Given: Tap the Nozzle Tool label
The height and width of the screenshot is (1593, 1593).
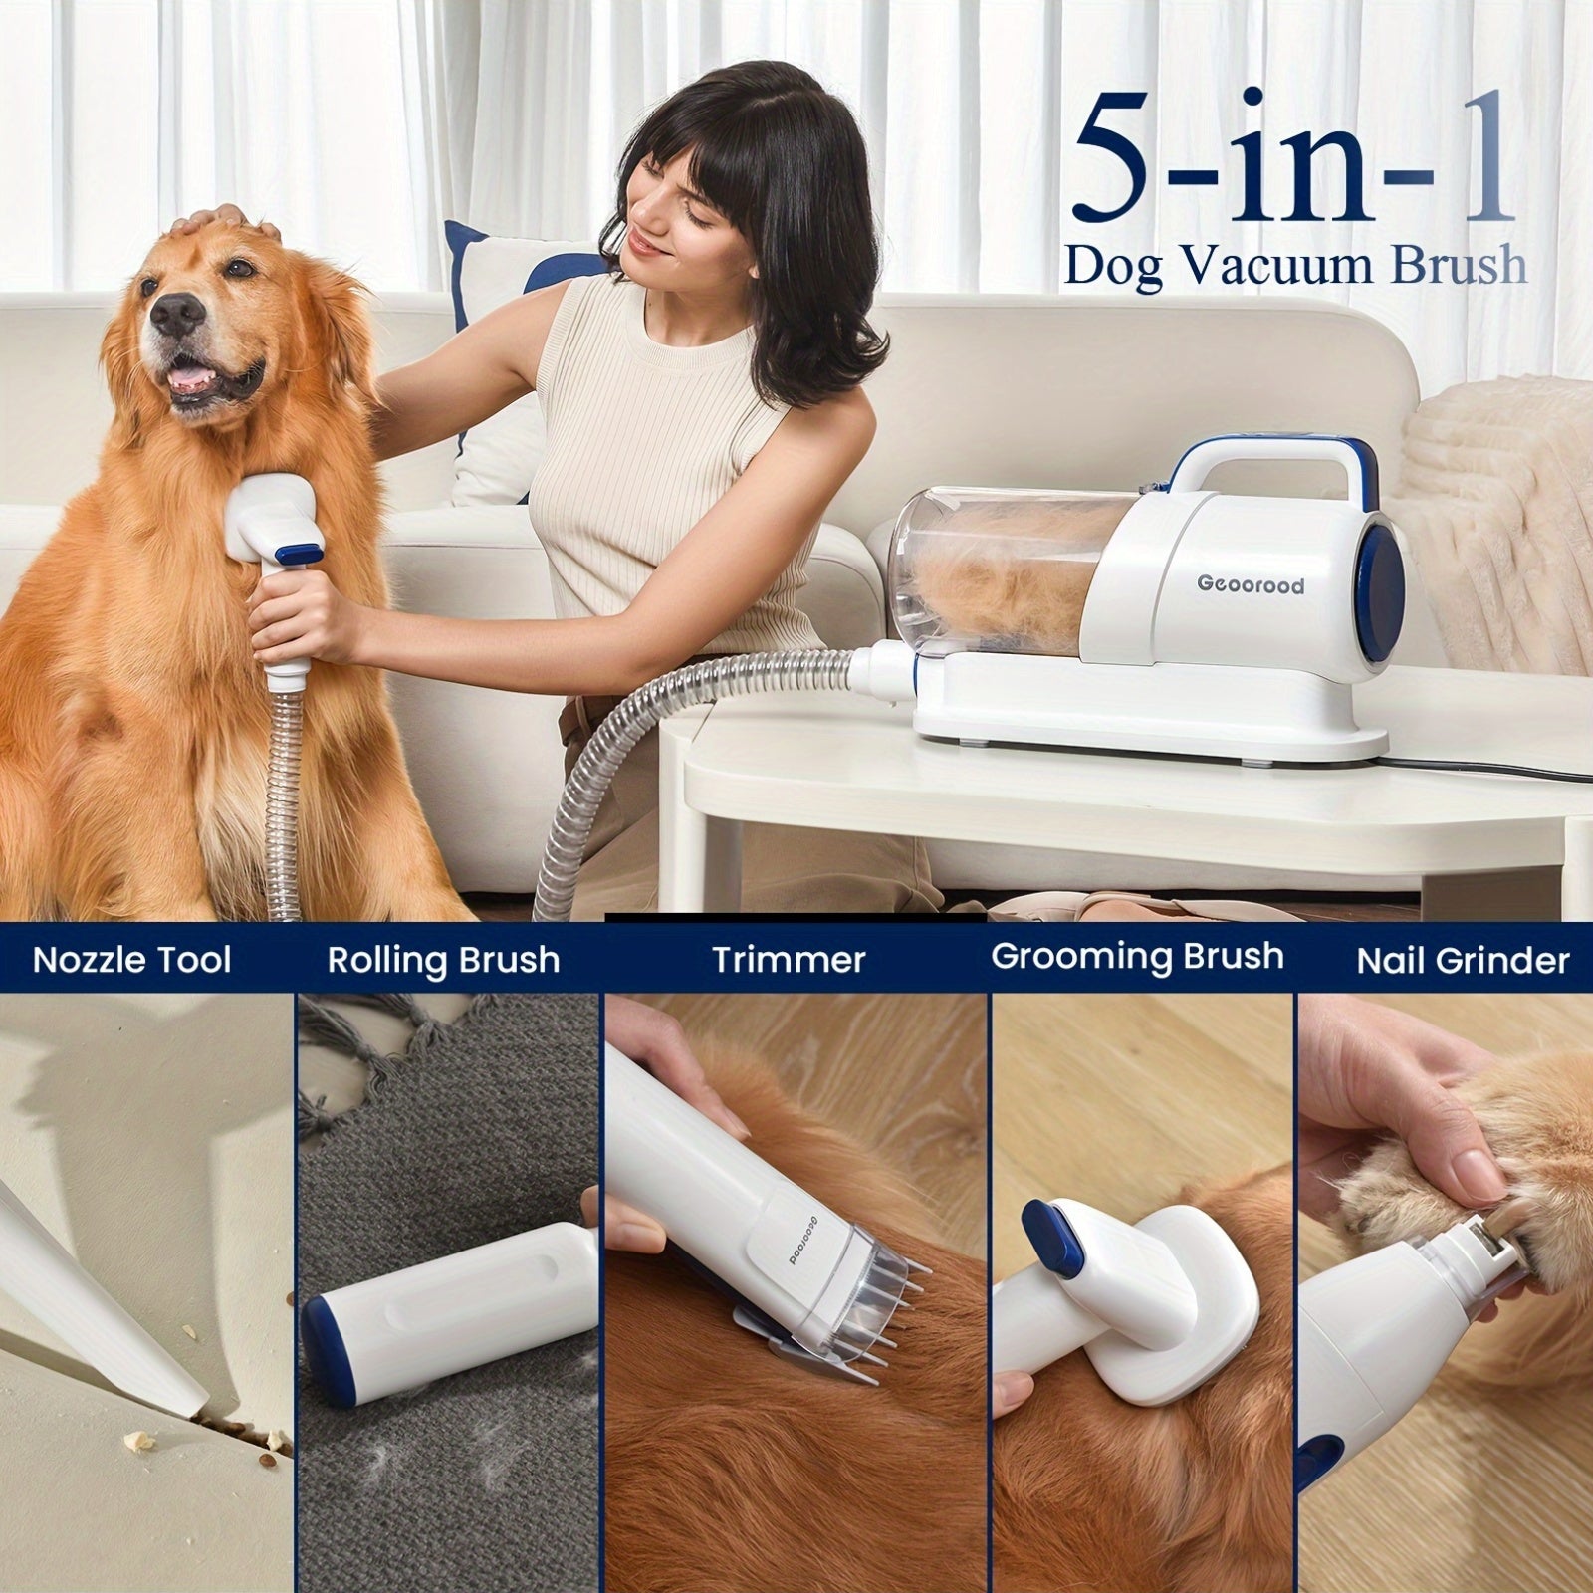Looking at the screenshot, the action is [131, 960].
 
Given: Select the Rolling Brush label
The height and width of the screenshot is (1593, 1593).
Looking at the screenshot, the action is [443, 961].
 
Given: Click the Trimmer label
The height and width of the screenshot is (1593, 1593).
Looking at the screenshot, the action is [789, 960].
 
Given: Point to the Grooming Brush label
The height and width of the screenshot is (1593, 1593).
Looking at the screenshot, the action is [1137, 957].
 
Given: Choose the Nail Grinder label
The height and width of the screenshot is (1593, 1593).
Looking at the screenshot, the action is [1463, 961].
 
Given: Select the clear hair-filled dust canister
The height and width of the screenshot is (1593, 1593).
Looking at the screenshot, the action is [1006, 577].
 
